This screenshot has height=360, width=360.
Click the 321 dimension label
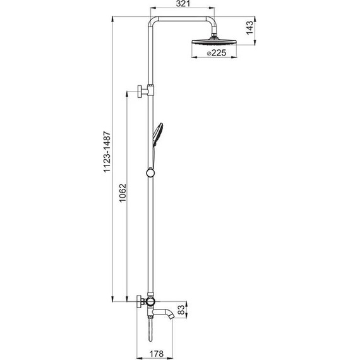pos(183,4)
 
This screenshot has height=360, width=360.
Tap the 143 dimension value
pos(250,28)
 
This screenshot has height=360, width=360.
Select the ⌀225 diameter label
pos(216,53)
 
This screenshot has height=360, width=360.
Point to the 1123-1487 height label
pos(107,152)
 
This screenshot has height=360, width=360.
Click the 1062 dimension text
pos(123,193)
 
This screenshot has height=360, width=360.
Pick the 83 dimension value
pos(181,309)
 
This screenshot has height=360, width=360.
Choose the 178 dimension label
pos(157,354)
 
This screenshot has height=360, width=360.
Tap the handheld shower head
pos(158,135)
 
